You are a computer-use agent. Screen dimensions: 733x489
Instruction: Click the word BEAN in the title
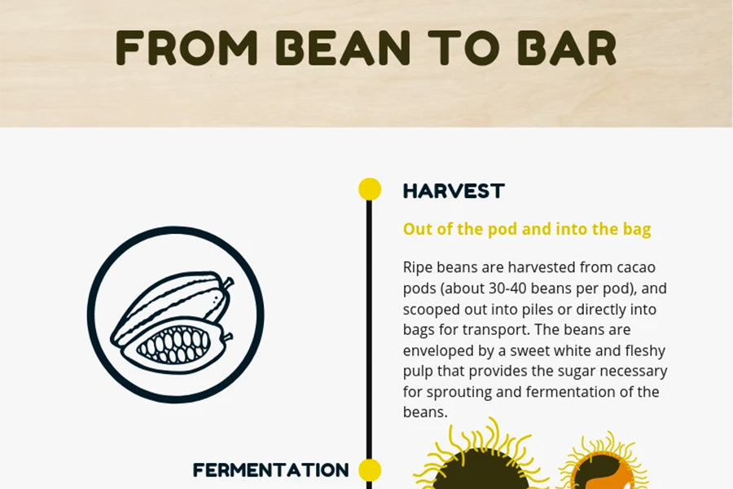[x=343, y=48]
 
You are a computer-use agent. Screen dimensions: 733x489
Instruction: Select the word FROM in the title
[x=187, y=48]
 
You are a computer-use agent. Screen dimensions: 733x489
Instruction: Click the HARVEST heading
[x=454, y=191]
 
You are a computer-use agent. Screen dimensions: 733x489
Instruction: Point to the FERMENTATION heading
[x=270, y=469]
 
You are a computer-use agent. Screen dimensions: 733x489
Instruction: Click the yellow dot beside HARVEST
[x=370, y=190]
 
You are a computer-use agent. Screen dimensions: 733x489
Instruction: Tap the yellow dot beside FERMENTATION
[x=370, y=469]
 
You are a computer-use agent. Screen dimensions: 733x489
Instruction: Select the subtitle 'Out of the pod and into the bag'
[x=527, y=229]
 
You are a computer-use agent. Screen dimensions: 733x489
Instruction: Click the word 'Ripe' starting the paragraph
[x=415, y=268]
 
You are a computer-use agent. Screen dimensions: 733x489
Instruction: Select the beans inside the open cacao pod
[x=173, y=346]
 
